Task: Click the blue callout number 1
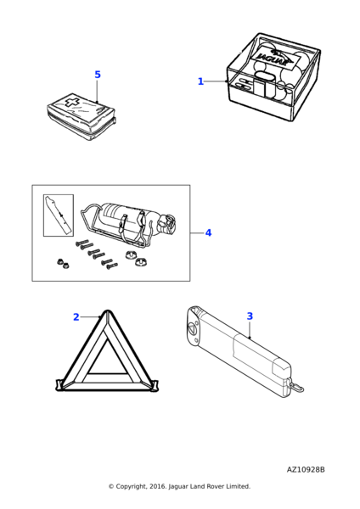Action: tap(200, 81)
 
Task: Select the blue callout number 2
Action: tap(76, 316)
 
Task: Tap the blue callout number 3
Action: tap(250, 316)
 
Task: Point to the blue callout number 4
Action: tap(208, 232)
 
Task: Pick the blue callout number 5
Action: tap(98, 75)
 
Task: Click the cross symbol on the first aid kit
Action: tap(70, 101)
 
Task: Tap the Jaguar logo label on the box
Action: tap(274, 58)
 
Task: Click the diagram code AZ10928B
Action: tap(306, 470)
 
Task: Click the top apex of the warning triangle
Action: tap(107, 311)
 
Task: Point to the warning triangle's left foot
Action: tap(59, 385)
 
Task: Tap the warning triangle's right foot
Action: tap(155, 385)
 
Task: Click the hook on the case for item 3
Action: tap(296, 386)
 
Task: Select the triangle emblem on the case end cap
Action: tap(192, 329)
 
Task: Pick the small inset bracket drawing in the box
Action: tap(59, 215)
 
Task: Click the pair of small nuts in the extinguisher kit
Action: tap(63, 263)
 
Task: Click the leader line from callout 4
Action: tap(197, 232)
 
